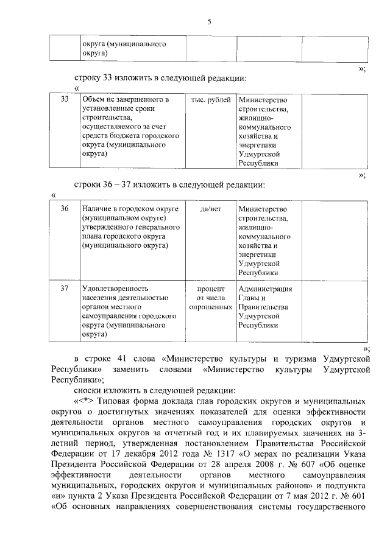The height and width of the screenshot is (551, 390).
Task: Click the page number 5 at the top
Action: tap(209, 22)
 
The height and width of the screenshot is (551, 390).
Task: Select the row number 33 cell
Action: tap(65, 99)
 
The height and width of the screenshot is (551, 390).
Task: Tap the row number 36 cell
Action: tap(65, 209)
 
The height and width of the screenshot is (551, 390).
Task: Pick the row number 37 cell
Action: tap(65, 289)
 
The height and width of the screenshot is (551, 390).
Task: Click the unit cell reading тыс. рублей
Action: tap(210, 99)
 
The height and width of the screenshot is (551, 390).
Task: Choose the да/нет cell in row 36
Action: tap(210, 209)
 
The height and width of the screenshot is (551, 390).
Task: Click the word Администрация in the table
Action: tap(265, 289)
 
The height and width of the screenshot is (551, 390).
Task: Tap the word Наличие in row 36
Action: tap(98, 209)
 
